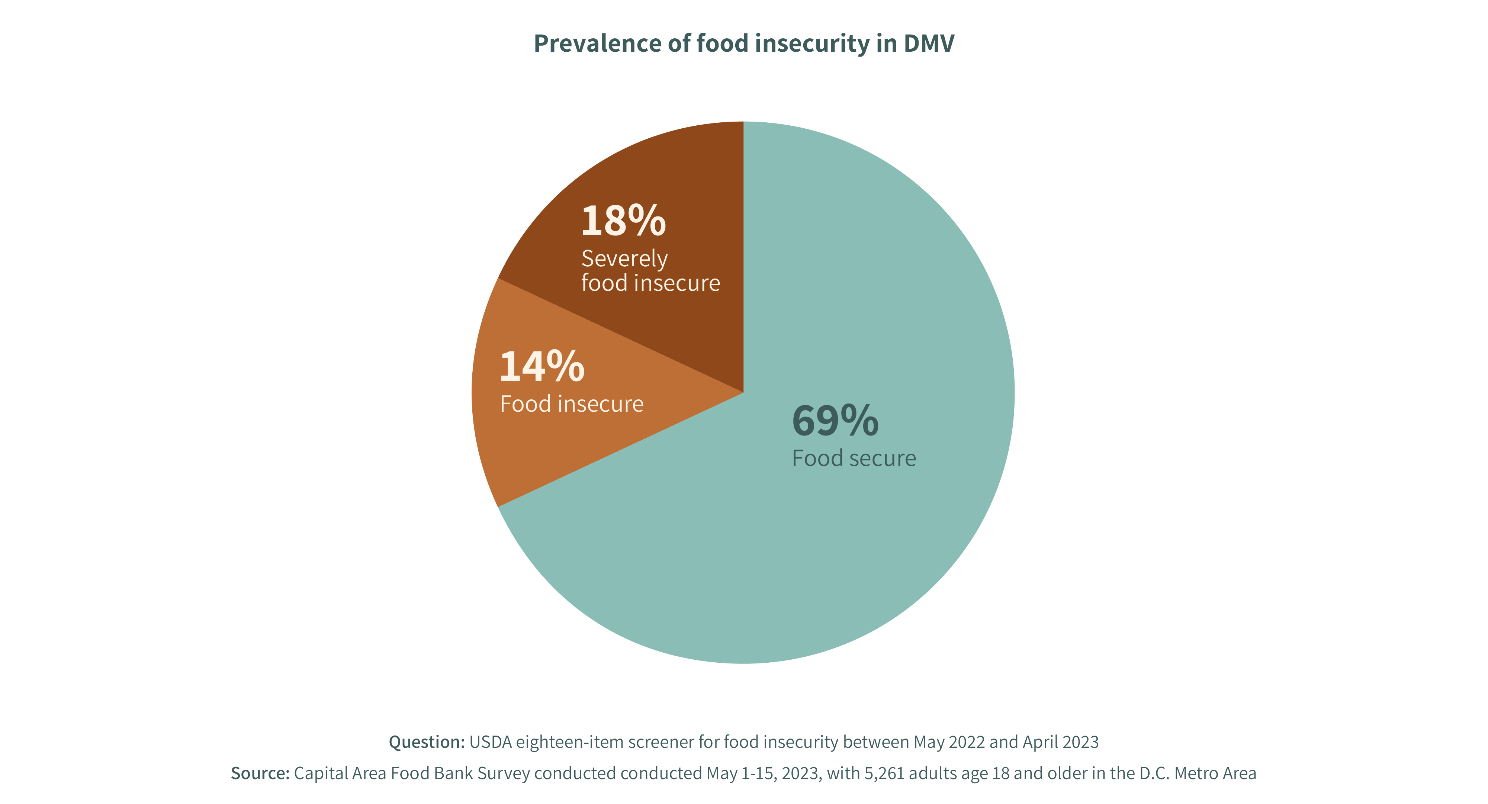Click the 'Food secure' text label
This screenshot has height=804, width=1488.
(x=854, y=459)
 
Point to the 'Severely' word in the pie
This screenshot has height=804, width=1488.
(x=624, y=259)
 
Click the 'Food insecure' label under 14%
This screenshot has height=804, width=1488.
(x=571, y=404)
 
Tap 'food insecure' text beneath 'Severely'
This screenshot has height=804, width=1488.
(x=650, y=283)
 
